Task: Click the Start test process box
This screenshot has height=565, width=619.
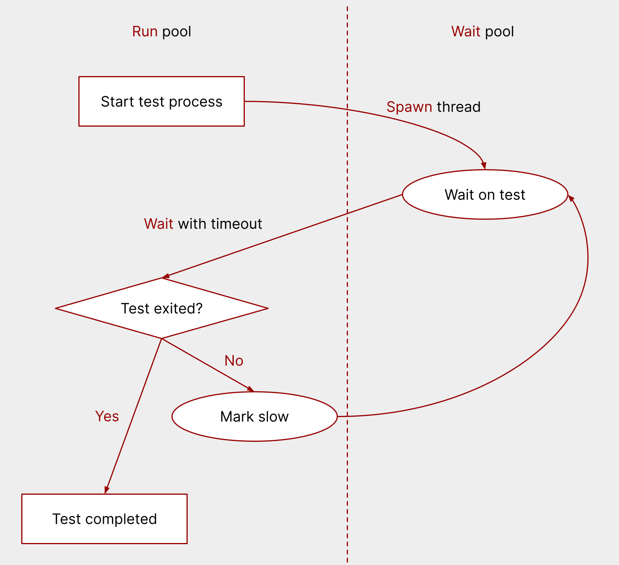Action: tap(161, 101)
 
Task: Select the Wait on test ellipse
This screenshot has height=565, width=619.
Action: tap(485, 195)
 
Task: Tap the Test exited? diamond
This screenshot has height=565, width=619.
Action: tap(161, 308)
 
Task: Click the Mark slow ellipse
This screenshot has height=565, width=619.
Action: tap(254, 416)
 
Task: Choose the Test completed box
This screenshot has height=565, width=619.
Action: tap(104, 519)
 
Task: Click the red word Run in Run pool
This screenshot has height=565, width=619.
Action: tap(145, 32)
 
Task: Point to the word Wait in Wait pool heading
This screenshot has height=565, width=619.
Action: tap(466, 32)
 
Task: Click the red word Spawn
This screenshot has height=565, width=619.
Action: tap(409, 107)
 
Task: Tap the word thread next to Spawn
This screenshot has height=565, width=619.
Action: tap(459, 107)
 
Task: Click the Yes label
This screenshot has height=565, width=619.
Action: tap(107, 416)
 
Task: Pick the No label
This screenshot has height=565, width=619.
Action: tap(234, 361)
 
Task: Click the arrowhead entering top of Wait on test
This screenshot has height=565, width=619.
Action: tap(483, 165)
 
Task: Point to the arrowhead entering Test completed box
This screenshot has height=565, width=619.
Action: tap(107, 489)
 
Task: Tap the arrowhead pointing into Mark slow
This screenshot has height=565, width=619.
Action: tap(250, 389)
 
